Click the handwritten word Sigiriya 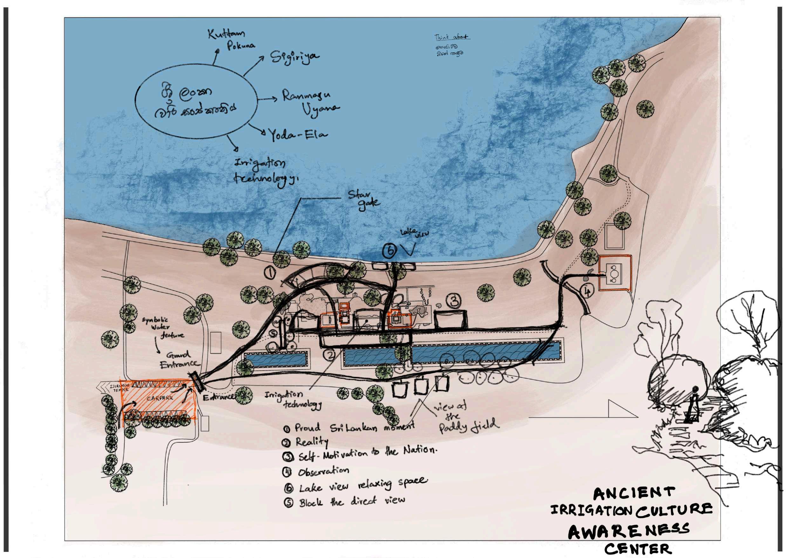294,57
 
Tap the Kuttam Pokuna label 232,39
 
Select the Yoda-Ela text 297,135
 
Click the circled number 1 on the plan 270,273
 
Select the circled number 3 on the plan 454,301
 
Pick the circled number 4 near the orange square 587,291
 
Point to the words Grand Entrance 179,359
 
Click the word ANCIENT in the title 634,494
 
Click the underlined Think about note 452,37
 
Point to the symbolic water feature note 163,327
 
